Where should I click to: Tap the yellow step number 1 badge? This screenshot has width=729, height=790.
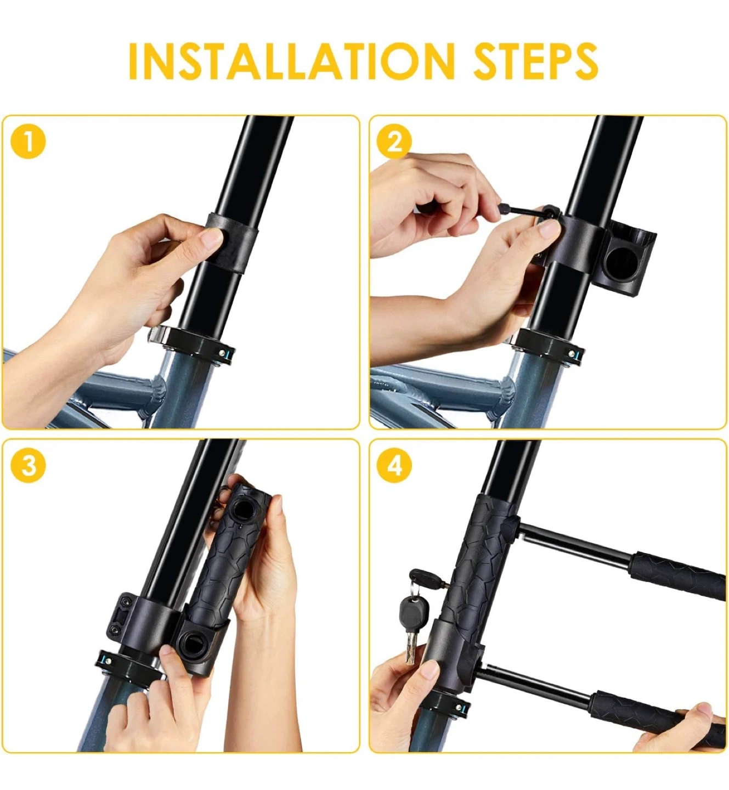pos(29,141)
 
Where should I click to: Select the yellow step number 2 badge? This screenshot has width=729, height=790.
pos(394,141)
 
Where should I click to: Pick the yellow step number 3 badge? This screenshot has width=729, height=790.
pos(29,465)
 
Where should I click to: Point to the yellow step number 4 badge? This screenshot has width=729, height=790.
pos(394,465)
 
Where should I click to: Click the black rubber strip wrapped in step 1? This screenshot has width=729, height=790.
pos(231,244)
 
